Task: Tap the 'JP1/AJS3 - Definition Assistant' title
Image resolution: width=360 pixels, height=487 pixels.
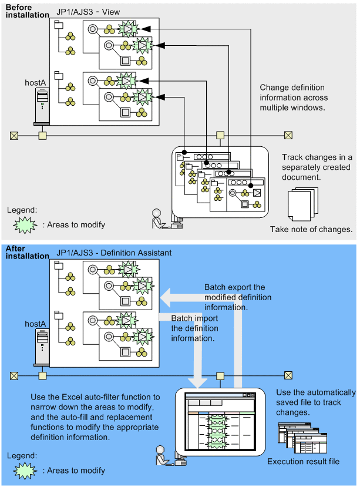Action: click(x=114, y=253)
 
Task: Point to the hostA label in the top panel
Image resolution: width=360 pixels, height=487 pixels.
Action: click(x=35, y=83)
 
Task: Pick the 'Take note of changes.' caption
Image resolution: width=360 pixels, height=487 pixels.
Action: click(x=311, y=229)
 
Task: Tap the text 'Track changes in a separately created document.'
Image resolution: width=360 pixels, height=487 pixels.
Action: click(x=317, y=167)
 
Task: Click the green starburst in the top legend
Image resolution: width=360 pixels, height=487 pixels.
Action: click(x=23, y=225)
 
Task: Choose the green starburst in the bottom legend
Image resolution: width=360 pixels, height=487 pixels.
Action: click(x=23, y=470)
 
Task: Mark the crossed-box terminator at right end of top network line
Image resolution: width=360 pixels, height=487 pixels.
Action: click(x=288, y=135)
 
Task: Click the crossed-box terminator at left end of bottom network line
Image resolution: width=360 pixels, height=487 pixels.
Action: click(x=14, y=375)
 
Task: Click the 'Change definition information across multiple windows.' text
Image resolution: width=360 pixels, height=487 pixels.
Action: click(x=294, y=98)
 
